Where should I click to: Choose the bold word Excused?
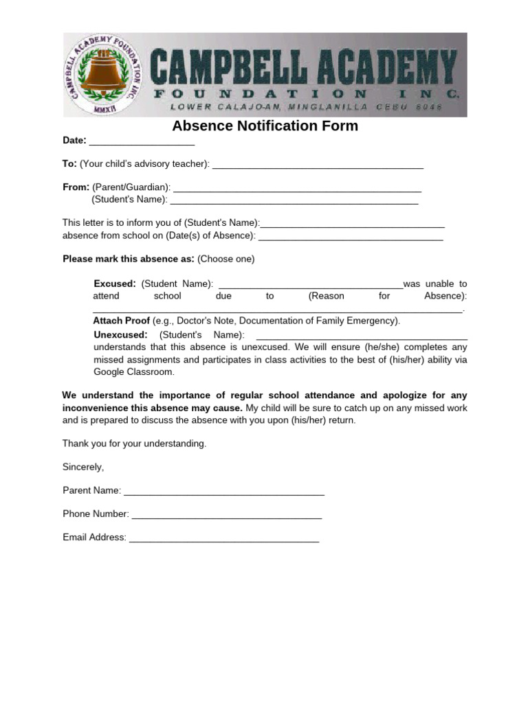[x=115, y=284]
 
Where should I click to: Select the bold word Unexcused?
[x=120, y=335]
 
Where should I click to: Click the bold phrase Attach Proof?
[x=121, y=321]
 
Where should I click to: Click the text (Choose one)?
[x=225, y=259]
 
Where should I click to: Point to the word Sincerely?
[x=83, y=467]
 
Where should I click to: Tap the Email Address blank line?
[x=224, y=538]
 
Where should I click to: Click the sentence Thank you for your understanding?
[x=134, y=443]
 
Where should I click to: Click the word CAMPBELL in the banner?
[x=225, y=68]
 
